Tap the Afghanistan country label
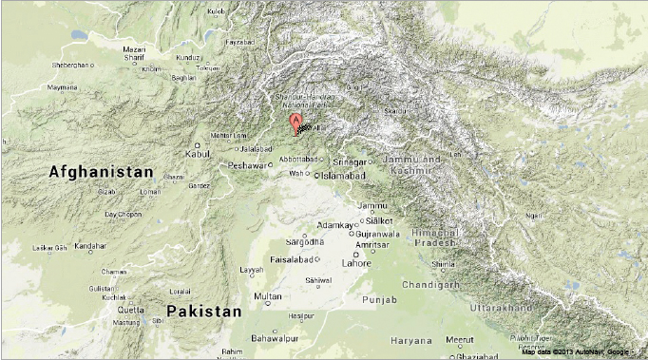pyautogui.click(x=100, y=172)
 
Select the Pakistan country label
pyautogui.click(x=203, y=312)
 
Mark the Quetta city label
pyautogui.click(x=131, y=310)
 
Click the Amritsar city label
pyautogui.click(x=372, y=244)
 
